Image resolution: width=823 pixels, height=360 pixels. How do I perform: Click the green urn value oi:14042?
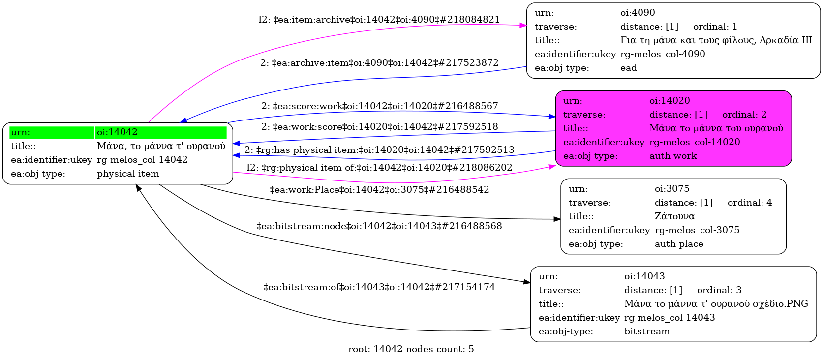tap(117, 132)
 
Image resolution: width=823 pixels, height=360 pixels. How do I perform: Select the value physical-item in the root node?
tap(128, 174)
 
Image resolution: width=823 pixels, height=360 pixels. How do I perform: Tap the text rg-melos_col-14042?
tap(142, 160)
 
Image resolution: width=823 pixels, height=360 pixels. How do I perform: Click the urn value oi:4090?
tap(638, 13)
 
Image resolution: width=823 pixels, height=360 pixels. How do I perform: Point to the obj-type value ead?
tap(628, 68)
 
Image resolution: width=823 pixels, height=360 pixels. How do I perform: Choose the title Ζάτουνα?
tap(674, 216)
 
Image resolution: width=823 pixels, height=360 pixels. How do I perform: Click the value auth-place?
tap(679, 244)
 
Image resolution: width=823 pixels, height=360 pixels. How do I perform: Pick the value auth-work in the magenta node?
tap(673, 156)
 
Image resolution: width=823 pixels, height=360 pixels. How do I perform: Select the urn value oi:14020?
tap(670, 101)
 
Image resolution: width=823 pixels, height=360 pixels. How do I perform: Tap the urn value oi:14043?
tap(644, 276)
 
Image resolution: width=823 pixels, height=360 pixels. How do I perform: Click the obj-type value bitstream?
tap(647, 331)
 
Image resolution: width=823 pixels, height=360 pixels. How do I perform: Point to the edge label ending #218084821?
tap(379, 20)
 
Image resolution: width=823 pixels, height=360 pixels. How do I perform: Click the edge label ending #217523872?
tap(379, 63)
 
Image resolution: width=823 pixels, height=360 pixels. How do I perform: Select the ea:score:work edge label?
tap(379, 106)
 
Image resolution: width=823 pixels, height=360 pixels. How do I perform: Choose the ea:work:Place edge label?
tap(379, 190)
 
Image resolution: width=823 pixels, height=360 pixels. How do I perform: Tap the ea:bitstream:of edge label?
tap(379, 287)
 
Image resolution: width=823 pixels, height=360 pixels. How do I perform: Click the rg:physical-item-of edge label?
tap(379, 168)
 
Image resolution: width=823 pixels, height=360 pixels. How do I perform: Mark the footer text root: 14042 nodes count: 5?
tap(411, 349)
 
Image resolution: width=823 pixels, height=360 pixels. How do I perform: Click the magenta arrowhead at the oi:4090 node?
tap(523, 25)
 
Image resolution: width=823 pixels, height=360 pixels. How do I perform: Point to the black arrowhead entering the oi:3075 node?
tap(557, 219)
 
